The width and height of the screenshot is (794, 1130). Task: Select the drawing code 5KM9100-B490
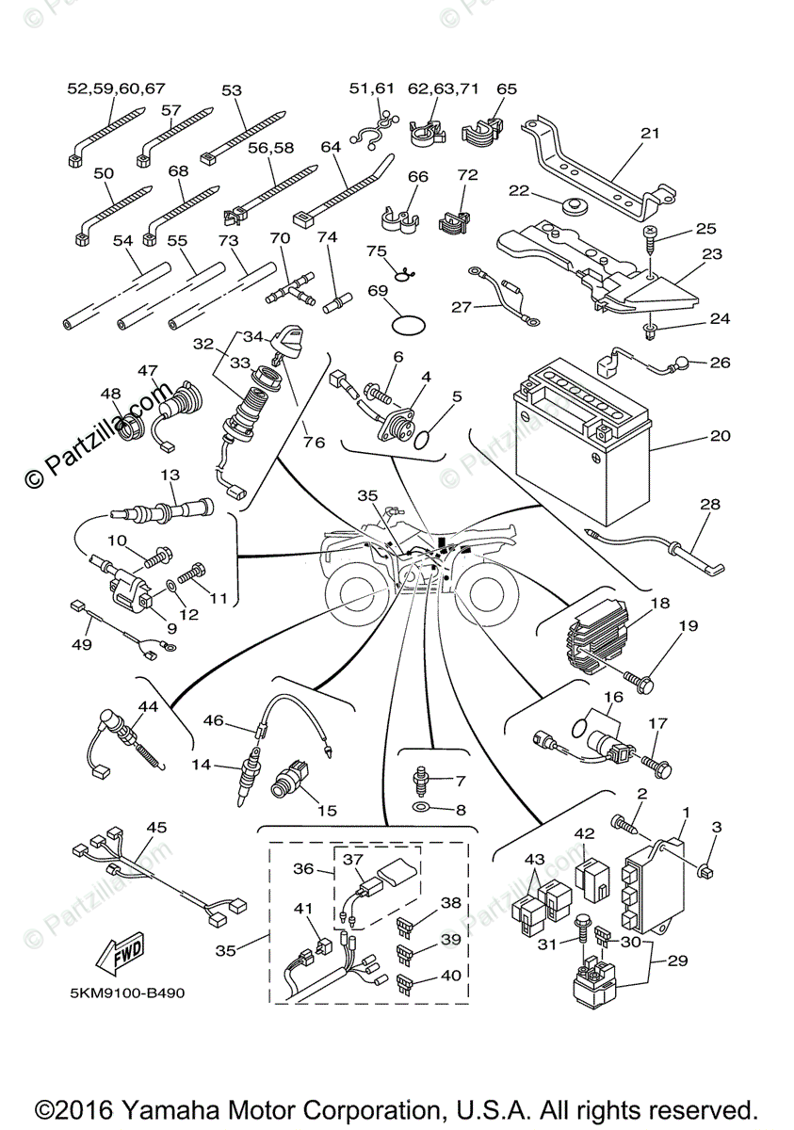(x=120, y=994)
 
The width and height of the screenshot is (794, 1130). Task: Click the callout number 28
(x=708, y=505)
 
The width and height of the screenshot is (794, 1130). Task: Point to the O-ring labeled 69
(x=407, y=323)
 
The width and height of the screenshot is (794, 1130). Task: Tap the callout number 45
(x=155, y=828)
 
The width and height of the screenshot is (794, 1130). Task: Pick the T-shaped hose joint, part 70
(x=291, y=287)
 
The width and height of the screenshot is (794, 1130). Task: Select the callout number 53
(x=232, y=90)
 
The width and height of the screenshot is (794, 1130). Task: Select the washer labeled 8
(x=421, y=808)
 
